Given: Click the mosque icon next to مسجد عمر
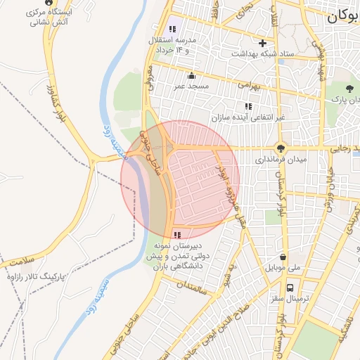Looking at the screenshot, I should click(x=191, y=75).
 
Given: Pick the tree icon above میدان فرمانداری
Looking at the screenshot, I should click(x=281, y=148).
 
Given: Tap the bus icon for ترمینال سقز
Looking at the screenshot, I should click(x=290, y=288).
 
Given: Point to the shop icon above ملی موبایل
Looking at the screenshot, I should click(x=283, y=257).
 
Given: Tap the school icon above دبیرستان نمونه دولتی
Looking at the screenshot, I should click(x=176, y=234).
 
